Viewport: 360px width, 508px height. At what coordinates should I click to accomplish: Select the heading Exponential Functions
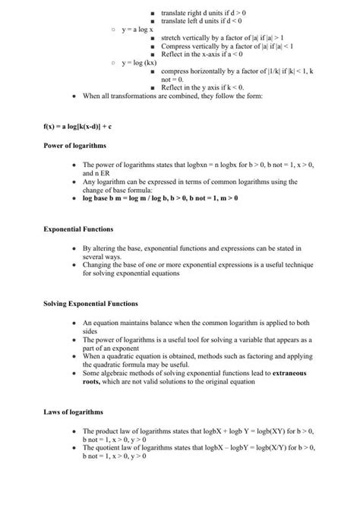(x=78, y=229)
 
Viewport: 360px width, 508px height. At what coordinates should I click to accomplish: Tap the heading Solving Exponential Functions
(x=90, y=304)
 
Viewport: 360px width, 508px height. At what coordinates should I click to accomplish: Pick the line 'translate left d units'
(x=206, y=21)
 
